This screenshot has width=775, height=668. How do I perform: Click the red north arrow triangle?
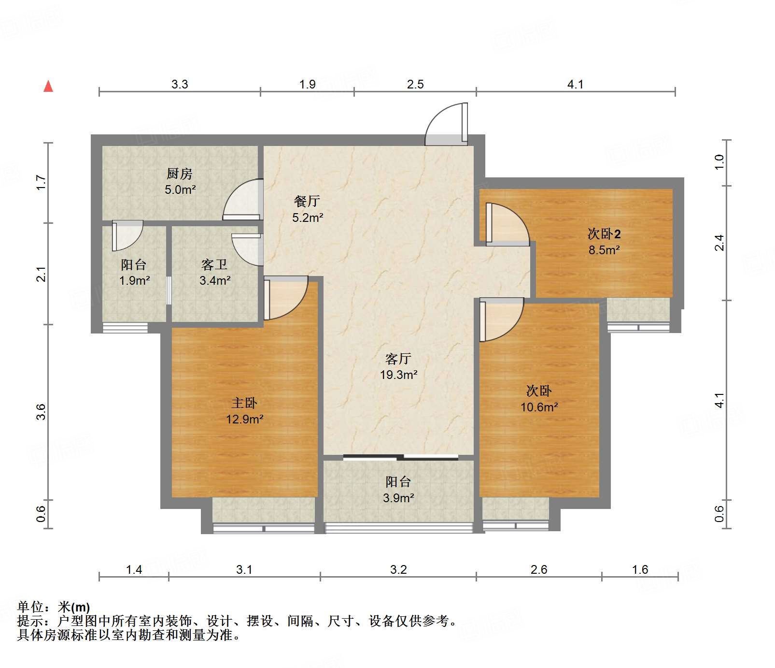click(x=48, y=87)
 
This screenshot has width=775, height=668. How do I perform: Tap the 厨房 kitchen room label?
click(x=180, y=174)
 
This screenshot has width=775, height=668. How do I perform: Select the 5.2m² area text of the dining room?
click(x=308, y=218)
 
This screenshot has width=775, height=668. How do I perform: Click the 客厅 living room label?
click(x=398, y=359)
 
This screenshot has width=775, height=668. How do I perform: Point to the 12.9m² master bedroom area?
click(x=245, y=419)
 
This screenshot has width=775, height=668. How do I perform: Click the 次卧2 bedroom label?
click(x=604, y=234)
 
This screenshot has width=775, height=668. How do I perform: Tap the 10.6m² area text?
click(x=539, y=407)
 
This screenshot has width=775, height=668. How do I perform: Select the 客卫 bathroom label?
click(x=214, y=264)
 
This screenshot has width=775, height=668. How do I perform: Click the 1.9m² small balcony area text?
click(x=134, y=280)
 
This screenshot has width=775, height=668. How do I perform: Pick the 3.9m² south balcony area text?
click(x=398, y=498)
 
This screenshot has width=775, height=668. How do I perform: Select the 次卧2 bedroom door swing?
click(x=507, y=223)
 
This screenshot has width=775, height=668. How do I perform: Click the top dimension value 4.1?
click(x=575, y=85)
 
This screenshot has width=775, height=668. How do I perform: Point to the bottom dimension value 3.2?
click(x=398, y=569)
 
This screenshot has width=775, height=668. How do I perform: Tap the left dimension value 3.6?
click(x=41, y=412)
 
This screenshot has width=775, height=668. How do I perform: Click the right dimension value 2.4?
click(x=719, y=243)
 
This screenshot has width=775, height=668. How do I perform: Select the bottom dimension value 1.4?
click(x=134, y=569)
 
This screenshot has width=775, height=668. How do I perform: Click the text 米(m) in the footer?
click(x=74, y=607)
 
